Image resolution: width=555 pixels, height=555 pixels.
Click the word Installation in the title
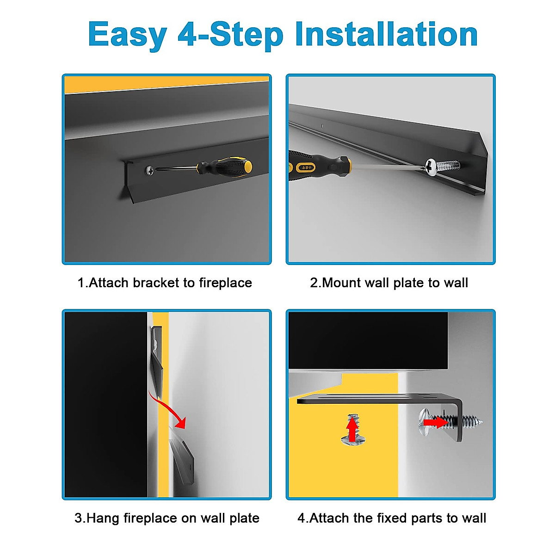386,35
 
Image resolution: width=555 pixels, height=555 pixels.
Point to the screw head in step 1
150,170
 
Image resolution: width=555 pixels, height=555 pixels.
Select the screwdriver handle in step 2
319,165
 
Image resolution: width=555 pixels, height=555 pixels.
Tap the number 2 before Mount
314,283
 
